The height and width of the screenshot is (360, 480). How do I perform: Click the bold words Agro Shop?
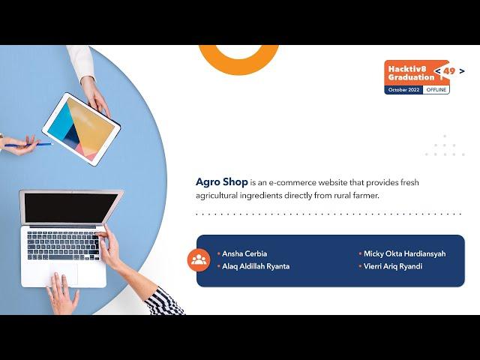click(217, 182)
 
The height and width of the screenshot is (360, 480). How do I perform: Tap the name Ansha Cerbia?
click(244, 253)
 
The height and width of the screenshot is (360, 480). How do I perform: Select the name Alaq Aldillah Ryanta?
click(256, 266)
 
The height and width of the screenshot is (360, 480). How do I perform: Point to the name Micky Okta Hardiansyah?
click(404, 253)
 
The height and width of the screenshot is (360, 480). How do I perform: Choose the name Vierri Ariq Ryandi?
click(392, 266)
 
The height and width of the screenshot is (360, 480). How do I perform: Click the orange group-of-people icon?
click(199, 260)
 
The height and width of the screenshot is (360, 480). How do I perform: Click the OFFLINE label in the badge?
click(436, 90)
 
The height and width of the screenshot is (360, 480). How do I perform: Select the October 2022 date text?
click(404, 90)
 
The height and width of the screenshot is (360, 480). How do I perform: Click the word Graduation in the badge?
click(411, 76)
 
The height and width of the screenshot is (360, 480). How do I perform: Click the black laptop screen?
click(69, 208)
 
